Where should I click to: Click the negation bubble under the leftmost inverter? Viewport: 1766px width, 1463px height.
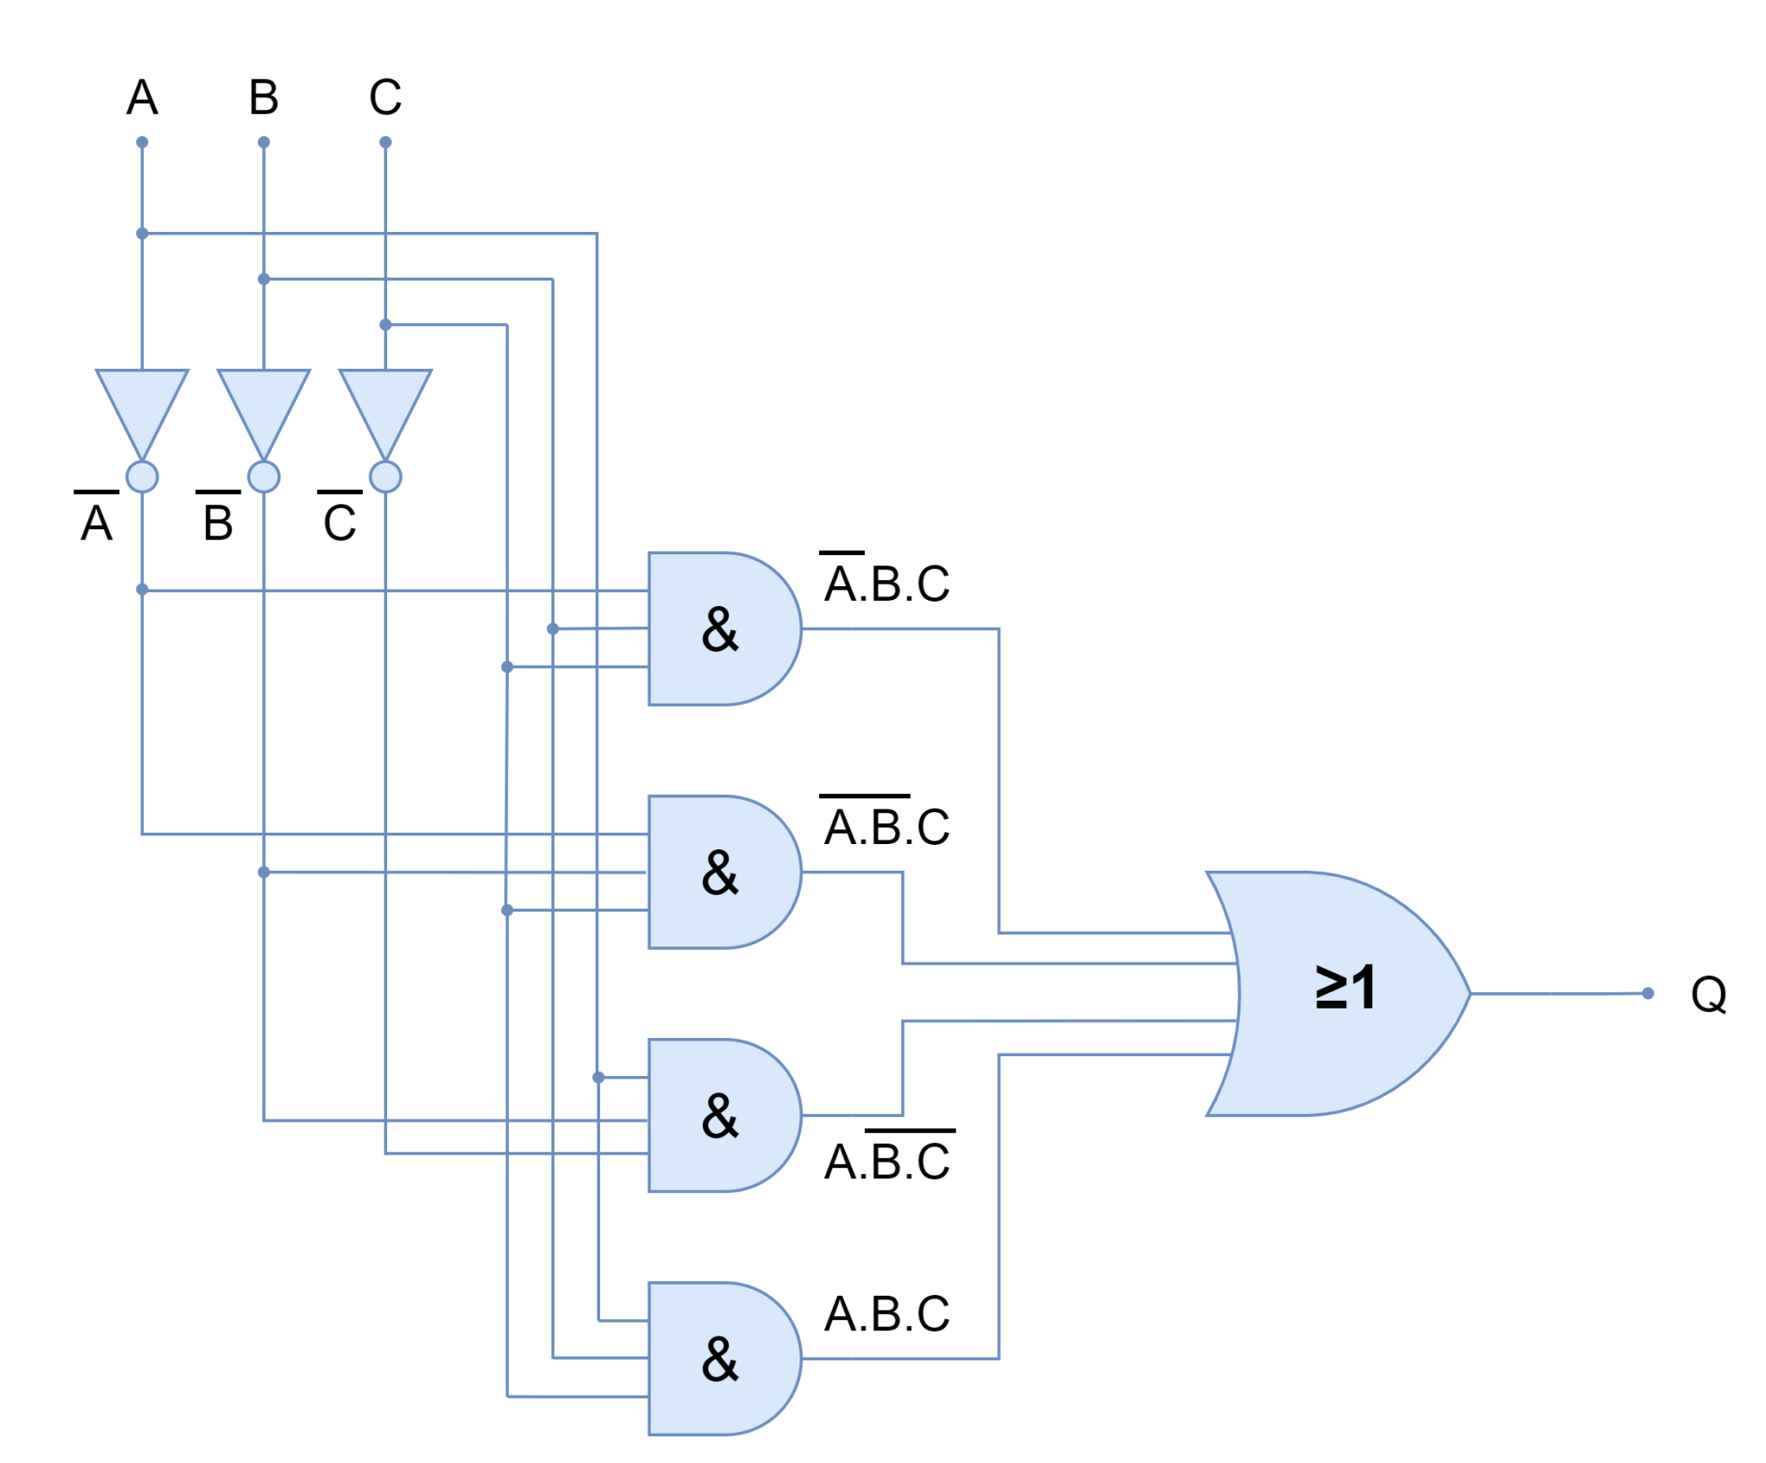[x=142, y=476]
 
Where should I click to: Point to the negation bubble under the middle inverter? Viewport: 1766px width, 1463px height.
[x=263, y=476]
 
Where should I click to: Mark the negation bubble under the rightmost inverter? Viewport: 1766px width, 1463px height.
[x=385, y=476]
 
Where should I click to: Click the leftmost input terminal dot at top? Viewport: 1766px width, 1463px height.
[x=142, y=141]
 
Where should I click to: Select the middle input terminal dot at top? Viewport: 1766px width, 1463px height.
[x=264, y=141]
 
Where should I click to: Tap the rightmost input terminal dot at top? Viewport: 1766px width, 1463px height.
[x=385, y=141]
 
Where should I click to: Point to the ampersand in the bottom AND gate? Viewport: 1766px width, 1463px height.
[x=720, y=1360]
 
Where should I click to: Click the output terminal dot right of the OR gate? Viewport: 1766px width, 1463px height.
[x=1708, y=990]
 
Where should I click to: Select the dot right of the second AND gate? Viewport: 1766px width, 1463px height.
[x=934, y=822]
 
